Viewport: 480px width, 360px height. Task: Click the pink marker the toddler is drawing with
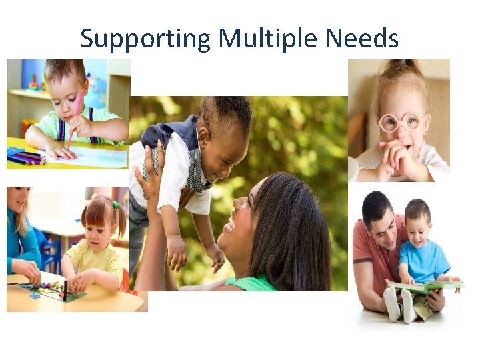[x=75, y=117]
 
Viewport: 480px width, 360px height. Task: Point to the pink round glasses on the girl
[x=401, y=122]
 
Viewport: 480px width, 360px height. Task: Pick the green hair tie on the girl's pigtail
[x=115, y=205]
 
